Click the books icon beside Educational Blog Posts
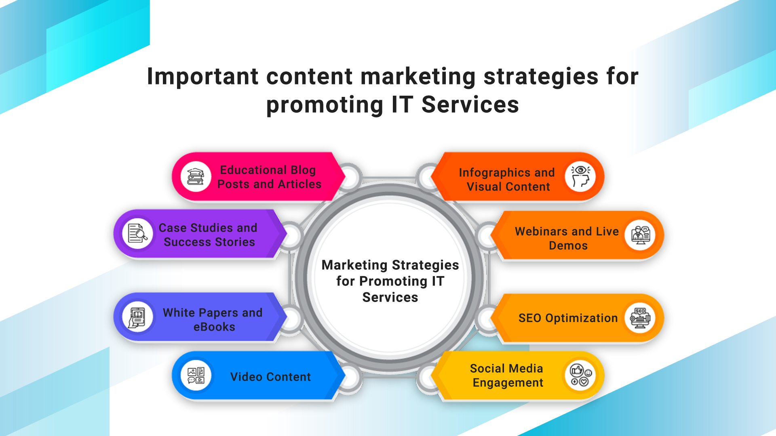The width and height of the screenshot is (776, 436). pyautogui.click(x=196, y=176)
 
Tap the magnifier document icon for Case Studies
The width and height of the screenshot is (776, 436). pyautogui.click(x=137, y=233)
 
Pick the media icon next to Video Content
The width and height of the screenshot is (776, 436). pyautogui.click(x=196, y=375)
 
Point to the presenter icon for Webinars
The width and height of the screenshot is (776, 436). pyautogui.click(x=640, y=235)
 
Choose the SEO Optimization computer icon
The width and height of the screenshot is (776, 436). pyautogui.click(x=640, y=318)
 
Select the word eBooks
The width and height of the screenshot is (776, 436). pyautogui.click(x=214, y=327)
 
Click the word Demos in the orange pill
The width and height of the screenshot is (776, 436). pyautogui.click(x=568, y=245)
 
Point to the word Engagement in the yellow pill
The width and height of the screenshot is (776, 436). pyautogui.click(x=508, y=383)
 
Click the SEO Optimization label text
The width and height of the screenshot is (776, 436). pyautogui.click(x=568, y=318)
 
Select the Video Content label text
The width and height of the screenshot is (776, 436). pyautogui.click(x=271, y=377)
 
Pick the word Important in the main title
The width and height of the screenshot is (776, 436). pyautogui.click(x=202, y=76)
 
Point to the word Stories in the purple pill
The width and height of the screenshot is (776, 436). pyautogui.click(x=236, y=242)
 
